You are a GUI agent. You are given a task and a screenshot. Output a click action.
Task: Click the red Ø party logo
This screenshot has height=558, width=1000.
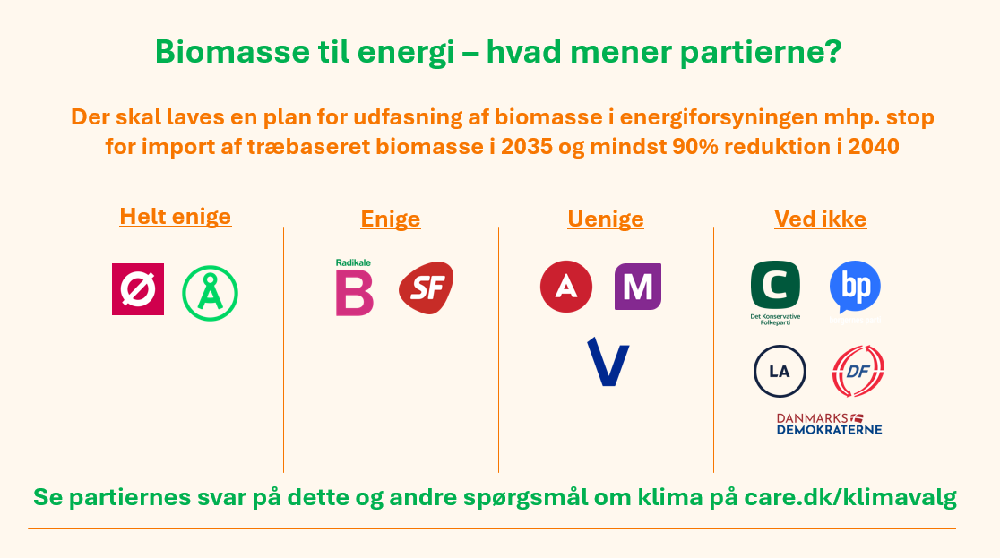(x=138, y=289)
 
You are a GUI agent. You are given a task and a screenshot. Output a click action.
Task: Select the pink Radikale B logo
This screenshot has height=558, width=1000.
(x=354, y=288)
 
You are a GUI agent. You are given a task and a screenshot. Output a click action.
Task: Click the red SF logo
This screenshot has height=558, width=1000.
(x=426, y=288)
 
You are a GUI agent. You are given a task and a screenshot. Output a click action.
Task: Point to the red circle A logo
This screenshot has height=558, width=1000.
(x=566, y=287)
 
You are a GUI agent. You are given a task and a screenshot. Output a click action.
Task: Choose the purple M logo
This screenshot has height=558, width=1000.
(x=638, y=287)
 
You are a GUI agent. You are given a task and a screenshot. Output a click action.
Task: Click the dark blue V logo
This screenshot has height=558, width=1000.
(x=608, y=362)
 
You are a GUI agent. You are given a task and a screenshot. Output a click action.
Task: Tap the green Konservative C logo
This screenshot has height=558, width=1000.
(x=775, y=293)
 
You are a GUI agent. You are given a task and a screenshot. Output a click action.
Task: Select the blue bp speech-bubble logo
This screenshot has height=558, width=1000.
(x=855, y=291)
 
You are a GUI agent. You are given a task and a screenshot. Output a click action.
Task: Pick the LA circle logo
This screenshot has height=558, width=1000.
(x=780, y=371)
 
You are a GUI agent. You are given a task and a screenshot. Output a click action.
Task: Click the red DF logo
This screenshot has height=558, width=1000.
(x=858, y=371)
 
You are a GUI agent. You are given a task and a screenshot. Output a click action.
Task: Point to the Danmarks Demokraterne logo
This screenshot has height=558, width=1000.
(x=829, y=424)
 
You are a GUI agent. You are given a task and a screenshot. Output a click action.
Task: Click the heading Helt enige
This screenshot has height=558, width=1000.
(x=176, y=216)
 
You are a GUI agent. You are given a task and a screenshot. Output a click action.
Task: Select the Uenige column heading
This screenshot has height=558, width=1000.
(x=606, y=219)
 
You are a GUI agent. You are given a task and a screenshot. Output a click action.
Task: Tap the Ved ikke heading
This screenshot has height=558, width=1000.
(x=820, y=219)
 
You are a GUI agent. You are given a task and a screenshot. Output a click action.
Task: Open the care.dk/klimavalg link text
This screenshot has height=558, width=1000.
(x=850, y=497)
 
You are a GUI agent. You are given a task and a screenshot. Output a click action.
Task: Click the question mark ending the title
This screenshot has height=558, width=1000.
(x=834, y=52)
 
